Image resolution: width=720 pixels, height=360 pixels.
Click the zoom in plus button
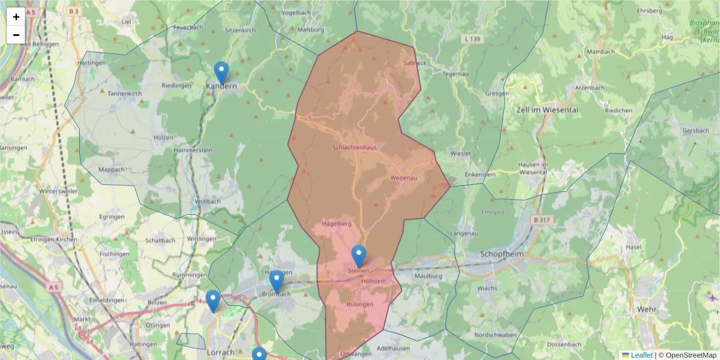point(16,17)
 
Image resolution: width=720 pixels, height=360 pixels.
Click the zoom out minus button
point(16,35)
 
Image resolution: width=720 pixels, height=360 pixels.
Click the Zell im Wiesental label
point(547,110)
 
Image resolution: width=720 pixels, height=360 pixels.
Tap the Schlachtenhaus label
point(354,148)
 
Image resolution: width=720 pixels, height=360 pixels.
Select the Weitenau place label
point(403,178)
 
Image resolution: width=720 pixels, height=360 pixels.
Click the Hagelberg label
point(336,224)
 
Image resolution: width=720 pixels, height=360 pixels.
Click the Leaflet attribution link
point(641,355)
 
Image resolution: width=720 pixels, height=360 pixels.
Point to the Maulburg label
point(428,276)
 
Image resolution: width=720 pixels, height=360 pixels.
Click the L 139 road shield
point(473,39)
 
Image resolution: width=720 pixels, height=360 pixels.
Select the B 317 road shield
point(541,220)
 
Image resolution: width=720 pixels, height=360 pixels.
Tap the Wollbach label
point(208,201)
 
